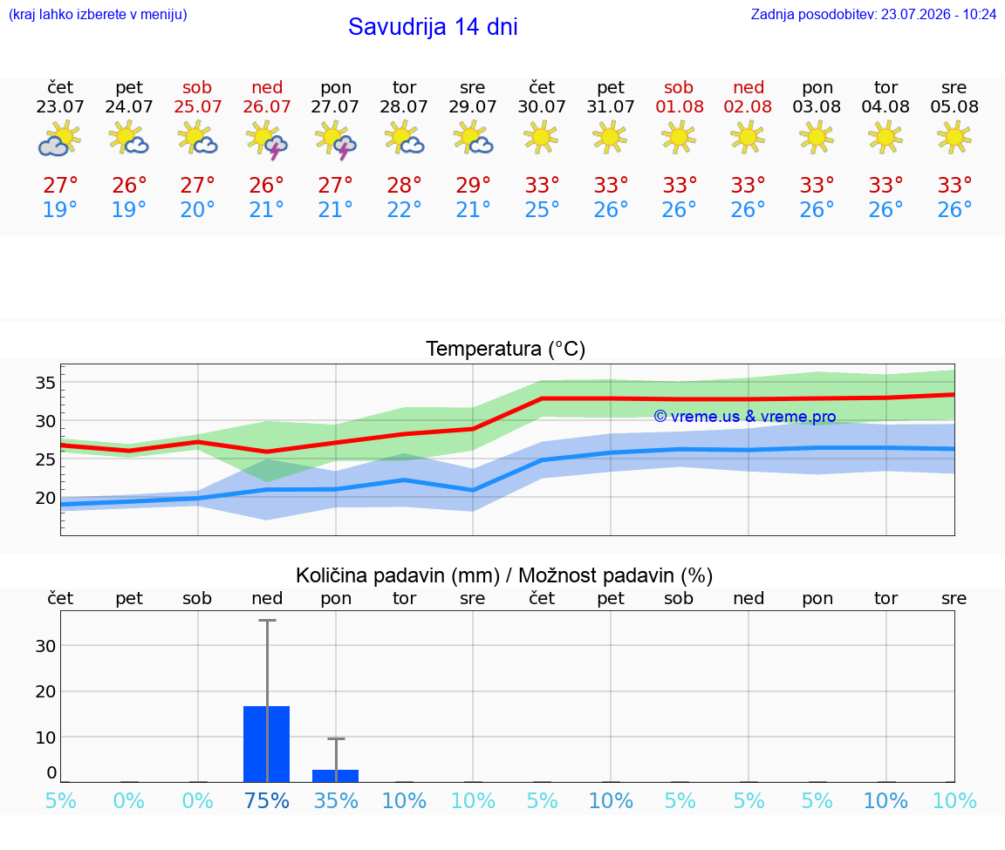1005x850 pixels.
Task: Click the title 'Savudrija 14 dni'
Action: [x=433, y=27]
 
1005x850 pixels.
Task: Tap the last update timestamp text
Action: [x=873, y=14]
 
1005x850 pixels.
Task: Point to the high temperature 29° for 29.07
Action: [x=473, y=185]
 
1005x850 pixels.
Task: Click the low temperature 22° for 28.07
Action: [x=404, y=209]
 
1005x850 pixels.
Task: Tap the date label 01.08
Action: [x=680, y=107]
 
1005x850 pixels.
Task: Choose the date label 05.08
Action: [x=954, y=107]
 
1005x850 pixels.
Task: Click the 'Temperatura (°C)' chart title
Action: [x=506, y=349]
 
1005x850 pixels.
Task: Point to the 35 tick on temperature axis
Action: [x=45, y=383]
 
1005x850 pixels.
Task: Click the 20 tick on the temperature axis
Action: [x=45, y=498]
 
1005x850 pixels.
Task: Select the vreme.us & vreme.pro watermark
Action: [x=745, y=417]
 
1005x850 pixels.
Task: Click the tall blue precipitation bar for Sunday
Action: [x=267, y=744]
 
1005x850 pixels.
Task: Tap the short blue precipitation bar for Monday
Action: [x=335, y=776]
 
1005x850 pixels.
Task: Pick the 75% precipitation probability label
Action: [x=267, y=800]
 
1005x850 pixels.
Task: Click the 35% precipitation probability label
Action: [x=336, y=800]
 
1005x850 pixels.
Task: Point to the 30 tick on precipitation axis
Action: [x=45, y=646]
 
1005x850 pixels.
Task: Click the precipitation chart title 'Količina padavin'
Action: [x=398, y=575]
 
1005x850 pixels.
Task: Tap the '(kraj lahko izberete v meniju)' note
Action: [x=98, y=14]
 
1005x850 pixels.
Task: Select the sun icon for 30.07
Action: [x=542, y=138]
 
